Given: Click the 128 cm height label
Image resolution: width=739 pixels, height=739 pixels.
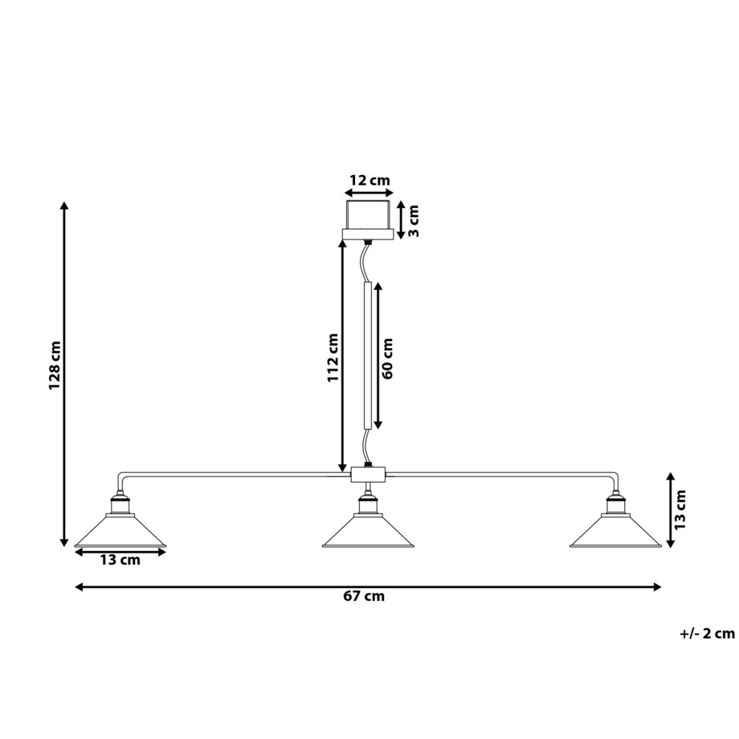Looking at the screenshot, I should [x=55, y=365].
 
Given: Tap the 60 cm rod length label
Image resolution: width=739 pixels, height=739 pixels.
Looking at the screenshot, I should [x=388, y=357].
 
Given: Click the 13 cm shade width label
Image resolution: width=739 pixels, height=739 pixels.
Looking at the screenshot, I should [x=120, y=560].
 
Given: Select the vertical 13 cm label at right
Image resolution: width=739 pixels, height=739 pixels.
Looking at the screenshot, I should [x=680, y=509].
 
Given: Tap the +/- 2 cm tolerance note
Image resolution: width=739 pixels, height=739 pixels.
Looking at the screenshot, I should [x=706, y=633].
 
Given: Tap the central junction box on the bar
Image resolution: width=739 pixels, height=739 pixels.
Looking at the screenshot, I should [x=368, y=475].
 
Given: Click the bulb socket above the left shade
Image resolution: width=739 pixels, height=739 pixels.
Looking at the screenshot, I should [x=120, y=504].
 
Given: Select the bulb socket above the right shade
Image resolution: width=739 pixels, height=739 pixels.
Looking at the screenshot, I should [x=615, y=504].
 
